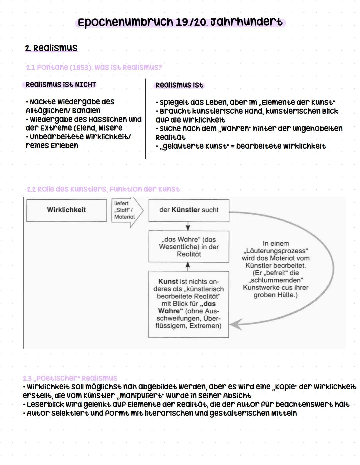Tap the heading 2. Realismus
click(x=51, y=48)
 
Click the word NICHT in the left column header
click(x=85, y=85)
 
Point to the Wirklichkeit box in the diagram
click(x=66, y=210)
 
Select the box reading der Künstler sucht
click(x=189, y=210)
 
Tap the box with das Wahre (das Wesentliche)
click(x=189, y=247)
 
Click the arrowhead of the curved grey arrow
click(x=236, y=324)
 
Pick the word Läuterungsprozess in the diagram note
click(x=276, y=251)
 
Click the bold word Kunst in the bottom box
click(x=168, y=281)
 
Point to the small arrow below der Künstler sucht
click(x=188, y=226)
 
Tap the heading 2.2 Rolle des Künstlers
click(x=103, y=189)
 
